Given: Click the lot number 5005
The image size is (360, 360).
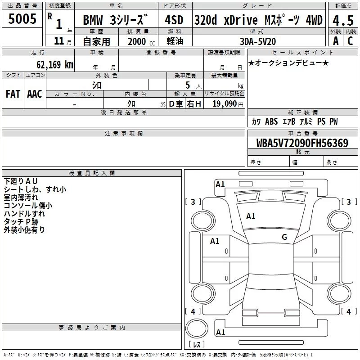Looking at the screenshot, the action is (22, 19).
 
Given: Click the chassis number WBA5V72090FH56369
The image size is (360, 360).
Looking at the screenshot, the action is (301, 143).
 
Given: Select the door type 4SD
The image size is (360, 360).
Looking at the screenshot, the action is (175, 20).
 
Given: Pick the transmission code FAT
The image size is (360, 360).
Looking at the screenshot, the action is (13, 94).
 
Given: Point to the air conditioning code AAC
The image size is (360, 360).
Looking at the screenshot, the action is (35, 94).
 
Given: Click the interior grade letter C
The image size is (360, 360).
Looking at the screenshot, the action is (350, 40).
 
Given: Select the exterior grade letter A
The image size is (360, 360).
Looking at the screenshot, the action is (335, 40).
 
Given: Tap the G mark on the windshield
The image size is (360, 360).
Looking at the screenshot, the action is (284, 237).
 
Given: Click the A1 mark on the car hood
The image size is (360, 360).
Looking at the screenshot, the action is (251, 216).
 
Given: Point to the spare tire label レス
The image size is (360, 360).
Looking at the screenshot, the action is (196, 345).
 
